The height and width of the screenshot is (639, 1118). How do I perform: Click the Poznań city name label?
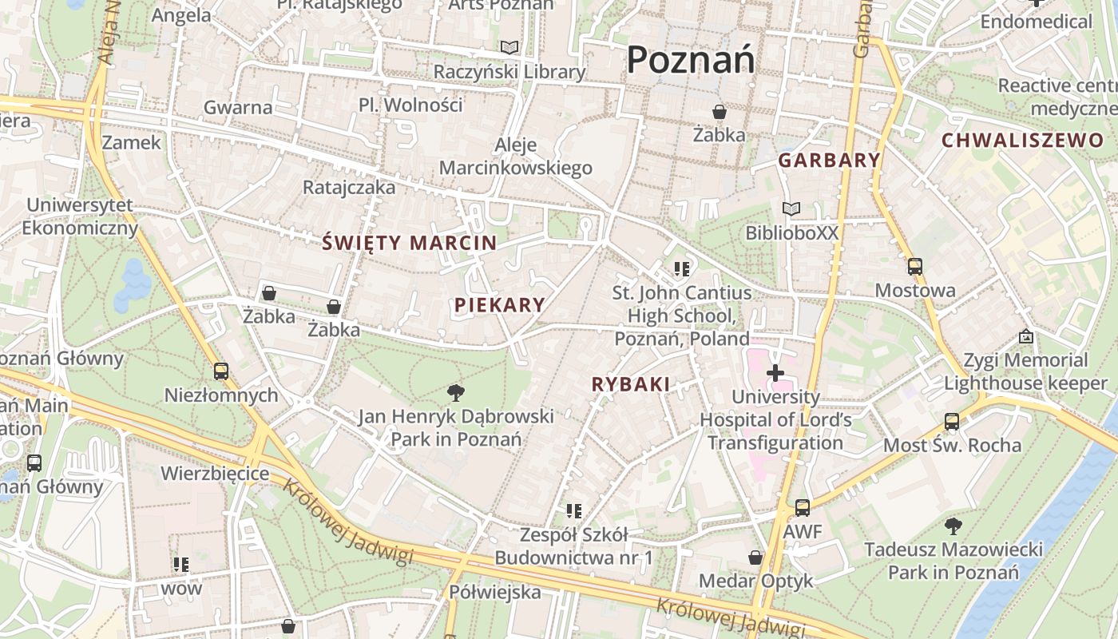(x=690, y=60)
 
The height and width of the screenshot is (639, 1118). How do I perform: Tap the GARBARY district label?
(x=829, y=160)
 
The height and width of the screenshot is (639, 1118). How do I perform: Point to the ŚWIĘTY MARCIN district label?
(x=409, y=243)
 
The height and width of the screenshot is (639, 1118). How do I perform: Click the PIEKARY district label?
(x=500, y=304)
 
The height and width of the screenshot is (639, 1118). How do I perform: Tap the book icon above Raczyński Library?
(x=509, y=48)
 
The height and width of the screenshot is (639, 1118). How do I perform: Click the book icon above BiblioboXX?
(x=791, y=209)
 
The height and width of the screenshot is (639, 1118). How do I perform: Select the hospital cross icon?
(x=775, y=372)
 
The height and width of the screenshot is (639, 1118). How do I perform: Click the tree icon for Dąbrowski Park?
(x=456, y=392)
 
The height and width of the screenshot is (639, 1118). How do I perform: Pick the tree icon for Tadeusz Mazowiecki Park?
(x=953, y=526)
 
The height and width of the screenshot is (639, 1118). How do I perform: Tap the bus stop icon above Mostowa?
(x=915, y=267)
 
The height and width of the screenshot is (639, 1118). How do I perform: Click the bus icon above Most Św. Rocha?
(x=952, y=421)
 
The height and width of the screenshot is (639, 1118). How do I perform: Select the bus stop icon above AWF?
(x=803, y=508)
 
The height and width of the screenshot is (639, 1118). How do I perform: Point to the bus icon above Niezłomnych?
(x=221, y=371)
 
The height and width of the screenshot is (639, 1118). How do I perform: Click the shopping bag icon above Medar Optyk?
(x=755, y=558)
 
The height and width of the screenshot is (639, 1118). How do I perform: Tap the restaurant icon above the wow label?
(x=181, y=565)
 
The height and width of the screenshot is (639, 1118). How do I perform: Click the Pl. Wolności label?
(x=410, y=105)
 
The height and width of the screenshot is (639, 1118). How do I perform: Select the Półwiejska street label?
(x=494, y=592)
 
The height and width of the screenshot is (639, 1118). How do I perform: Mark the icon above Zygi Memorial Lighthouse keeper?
(x=1026, y=337)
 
